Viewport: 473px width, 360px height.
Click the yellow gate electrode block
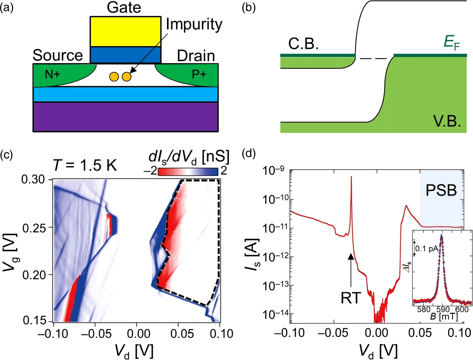pyautogui.click(x=125, y=31)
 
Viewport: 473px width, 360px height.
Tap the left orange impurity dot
pyautogui.click(x=114, y=76)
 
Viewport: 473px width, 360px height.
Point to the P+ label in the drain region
pyautogui.click(x=199, y=74)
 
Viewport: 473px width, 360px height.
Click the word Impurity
pyautogui.click(x=194, y=25)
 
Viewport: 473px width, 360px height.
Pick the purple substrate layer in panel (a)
pyautogui.click(x=125, y=117)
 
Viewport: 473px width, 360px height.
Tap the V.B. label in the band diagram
pyautogui.click(x=447, y=122)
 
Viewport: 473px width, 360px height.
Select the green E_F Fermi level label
pyautogui.click(x=451, y=42)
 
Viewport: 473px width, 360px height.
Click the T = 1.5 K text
pyautogui.click(x=85, y=166)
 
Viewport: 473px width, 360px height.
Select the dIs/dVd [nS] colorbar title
pyautogui.click(x=189, y=157)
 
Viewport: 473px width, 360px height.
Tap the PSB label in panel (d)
pyautogui.click(x=441, y=190)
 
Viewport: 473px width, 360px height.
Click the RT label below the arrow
pyautogui.click(x=351, y=298)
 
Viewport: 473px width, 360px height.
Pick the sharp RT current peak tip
pyautogui.click(x=351, y=177)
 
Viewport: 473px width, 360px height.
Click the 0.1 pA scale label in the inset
pyautogui.click(x=427, y=249)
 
